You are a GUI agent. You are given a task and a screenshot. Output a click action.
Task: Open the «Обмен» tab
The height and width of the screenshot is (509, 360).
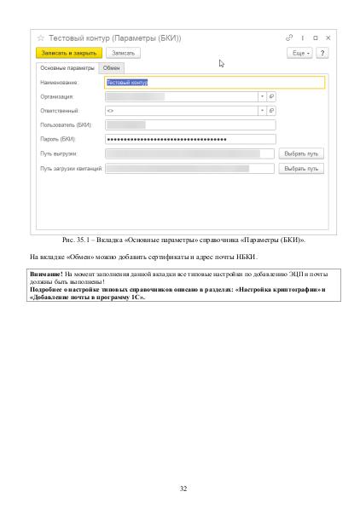pyautogui.click(x=112, y=67)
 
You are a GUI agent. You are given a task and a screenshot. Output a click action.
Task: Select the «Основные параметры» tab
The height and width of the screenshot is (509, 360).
pyautogui.click(x=67, y=67)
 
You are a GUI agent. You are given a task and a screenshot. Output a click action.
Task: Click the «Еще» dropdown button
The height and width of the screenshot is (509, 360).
pyautogui.click(x=299, y=53)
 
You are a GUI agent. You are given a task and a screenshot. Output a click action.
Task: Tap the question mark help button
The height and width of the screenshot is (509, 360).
pyautogui.click(x=322, y=53)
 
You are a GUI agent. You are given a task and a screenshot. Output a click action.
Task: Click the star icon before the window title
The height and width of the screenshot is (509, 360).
pyautogui.click(x=40, y=38)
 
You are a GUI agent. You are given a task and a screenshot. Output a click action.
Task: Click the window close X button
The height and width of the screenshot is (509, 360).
pyautogui.click(x=328, y=38)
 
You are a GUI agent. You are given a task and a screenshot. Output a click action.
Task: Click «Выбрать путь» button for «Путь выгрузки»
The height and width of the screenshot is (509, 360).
pyautogui.click(x=301, y=153)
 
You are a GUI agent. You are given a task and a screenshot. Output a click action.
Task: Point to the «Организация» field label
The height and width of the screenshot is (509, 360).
pyautogui.click(x=58, y=97)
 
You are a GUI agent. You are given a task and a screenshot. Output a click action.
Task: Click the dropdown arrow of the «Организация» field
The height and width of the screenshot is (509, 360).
pyautogui.click(x=262, y=97)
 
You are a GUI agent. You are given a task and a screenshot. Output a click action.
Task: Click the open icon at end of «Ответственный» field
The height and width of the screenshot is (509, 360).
pyautogui.click(x=271, y=111)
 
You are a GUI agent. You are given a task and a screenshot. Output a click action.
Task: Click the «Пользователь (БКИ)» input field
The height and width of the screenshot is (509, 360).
pyautogui.click(x=189, y=125)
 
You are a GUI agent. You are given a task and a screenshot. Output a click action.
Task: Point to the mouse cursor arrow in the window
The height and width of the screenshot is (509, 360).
pyautogui.click(x=221, y=62)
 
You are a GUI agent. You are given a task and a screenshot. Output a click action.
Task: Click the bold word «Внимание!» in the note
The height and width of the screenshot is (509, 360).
pyautogui.click(x=46, y=275)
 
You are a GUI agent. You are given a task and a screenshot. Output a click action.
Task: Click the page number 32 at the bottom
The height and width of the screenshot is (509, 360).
pyautogui.click(x=183, y=488)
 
